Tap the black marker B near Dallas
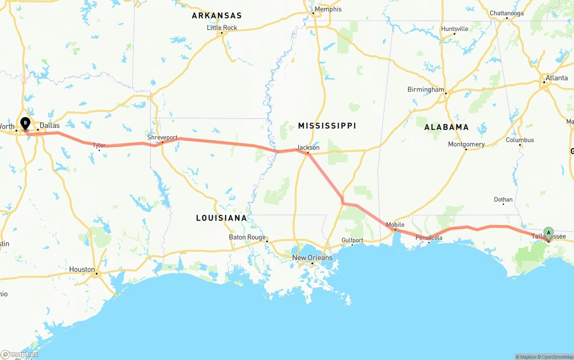[26, 122]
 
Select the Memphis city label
[328, 9]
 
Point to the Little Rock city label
[222, 28]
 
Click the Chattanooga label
[506, 13]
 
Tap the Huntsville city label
[455, 29]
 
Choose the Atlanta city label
[557, 78]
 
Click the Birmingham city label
[426, 89]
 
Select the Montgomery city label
[466, 144]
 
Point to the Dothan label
[503, 200]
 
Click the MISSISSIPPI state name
[327, 126]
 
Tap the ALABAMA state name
[447, 127]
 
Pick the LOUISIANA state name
[222, 218]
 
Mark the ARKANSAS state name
[217, 16]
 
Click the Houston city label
[82, 269]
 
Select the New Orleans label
[313, 258]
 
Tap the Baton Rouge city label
[247, 237]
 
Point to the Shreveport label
[162, 138]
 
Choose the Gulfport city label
[352, 240]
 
